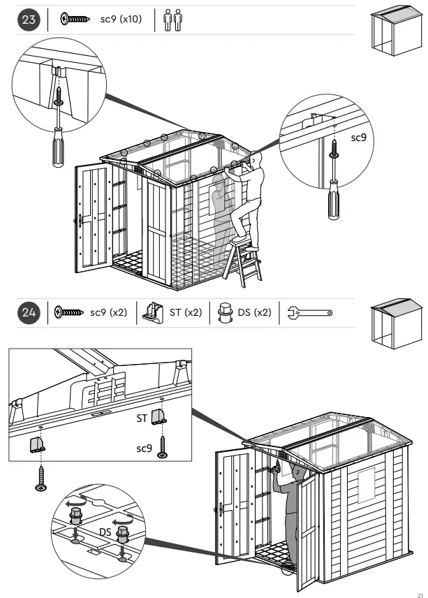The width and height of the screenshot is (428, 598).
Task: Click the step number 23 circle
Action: coord(29,20)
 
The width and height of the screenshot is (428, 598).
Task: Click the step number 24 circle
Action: coord(29,313)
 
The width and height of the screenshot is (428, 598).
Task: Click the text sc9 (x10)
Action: coord(120,20)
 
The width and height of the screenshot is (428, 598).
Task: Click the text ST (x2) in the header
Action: coord(186,313)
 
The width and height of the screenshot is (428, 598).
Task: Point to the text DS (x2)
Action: coord(254,313)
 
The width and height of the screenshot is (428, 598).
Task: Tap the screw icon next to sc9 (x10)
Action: coord(75,20)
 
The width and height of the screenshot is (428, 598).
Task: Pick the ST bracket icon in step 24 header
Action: coord(154,313)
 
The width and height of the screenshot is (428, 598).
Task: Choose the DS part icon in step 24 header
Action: coord(225,313)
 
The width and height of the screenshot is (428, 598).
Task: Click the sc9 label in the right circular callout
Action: coord(358,138)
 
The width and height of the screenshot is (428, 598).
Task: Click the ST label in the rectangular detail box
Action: coord(142,419)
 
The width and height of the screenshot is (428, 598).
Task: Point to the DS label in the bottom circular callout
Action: coord(105,532)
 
